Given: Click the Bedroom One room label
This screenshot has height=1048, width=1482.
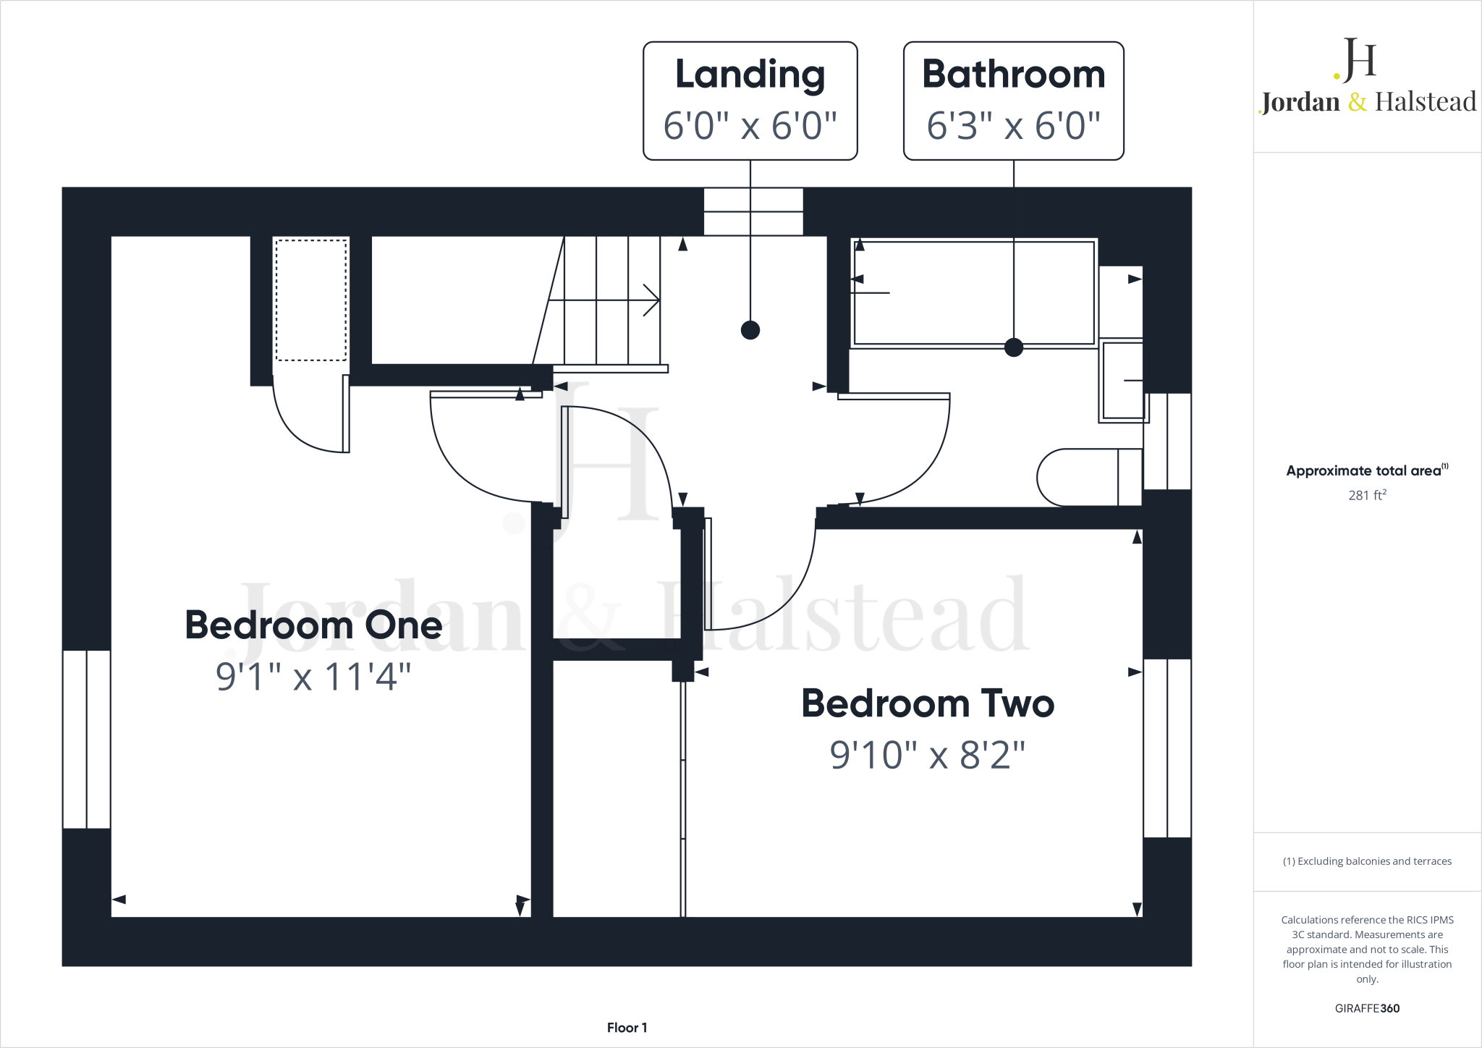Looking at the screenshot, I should pyautogui.click(x=313, y=625).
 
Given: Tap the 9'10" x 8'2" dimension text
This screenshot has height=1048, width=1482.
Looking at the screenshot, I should pyautogui.click(x=927, y=755).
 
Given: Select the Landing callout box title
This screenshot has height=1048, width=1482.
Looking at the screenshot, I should pyautogui.click(x=750, y=75).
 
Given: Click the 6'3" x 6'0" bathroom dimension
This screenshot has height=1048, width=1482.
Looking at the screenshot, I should pyautogui.click(x=1013, y=126).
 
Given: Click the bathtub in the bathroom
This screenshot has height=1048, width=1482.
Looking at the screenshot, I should pyautogui.click(x=973, y=293).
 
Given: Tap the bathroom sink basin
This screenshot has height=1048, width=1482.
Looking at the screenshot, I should pyautogui.click(x=1122, y=381).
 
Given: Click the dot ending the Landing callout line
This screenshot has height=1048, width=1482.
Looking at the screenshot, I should pyautogui.click(x=750, y=330).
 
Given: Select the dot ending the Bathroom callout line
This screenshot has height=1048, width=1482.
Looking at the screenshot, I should pyautogui.click(x=1014, y=347).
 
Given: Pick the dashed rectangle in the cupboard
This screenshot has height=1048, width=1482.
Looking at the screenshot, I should pyautogui.click(x=311, y=300).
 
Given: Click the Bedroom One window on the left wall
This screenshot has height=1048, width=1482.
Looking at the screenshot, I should pyautogui.click(x=87, y=739).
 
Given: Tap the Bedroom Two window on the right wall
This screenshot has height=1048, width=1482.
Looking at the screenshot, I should pyautogui.click(x=1167, y=748).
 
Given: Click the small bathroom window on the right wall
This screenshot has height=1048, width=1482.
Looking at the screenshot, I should pyautogui.click(x=1167, y=441).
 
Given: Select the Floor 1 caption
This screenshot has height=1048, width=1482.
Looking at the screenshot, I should pyautogui.click(x=627, y=1028).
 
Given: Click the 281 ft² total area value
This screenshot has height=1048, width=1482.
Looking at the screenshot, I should pyautogui.click(x=1367, y=495).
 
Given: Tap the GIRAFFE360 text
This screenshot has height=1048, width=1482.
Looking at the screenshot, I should pyautogui.click(x=1367, y=1008).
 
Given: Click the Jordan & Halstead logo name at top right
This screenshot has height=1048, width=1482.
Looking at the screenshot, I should pyautogui.click(x=1368, y=102).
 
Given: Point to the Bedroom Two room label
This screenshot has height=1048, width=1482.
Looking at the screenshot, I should pyautogui.click(x=928, y=703).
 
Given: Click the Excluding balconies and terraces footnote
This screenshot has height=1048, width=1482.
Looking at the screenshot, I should pyautogui.click(x=1367, y=861).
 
